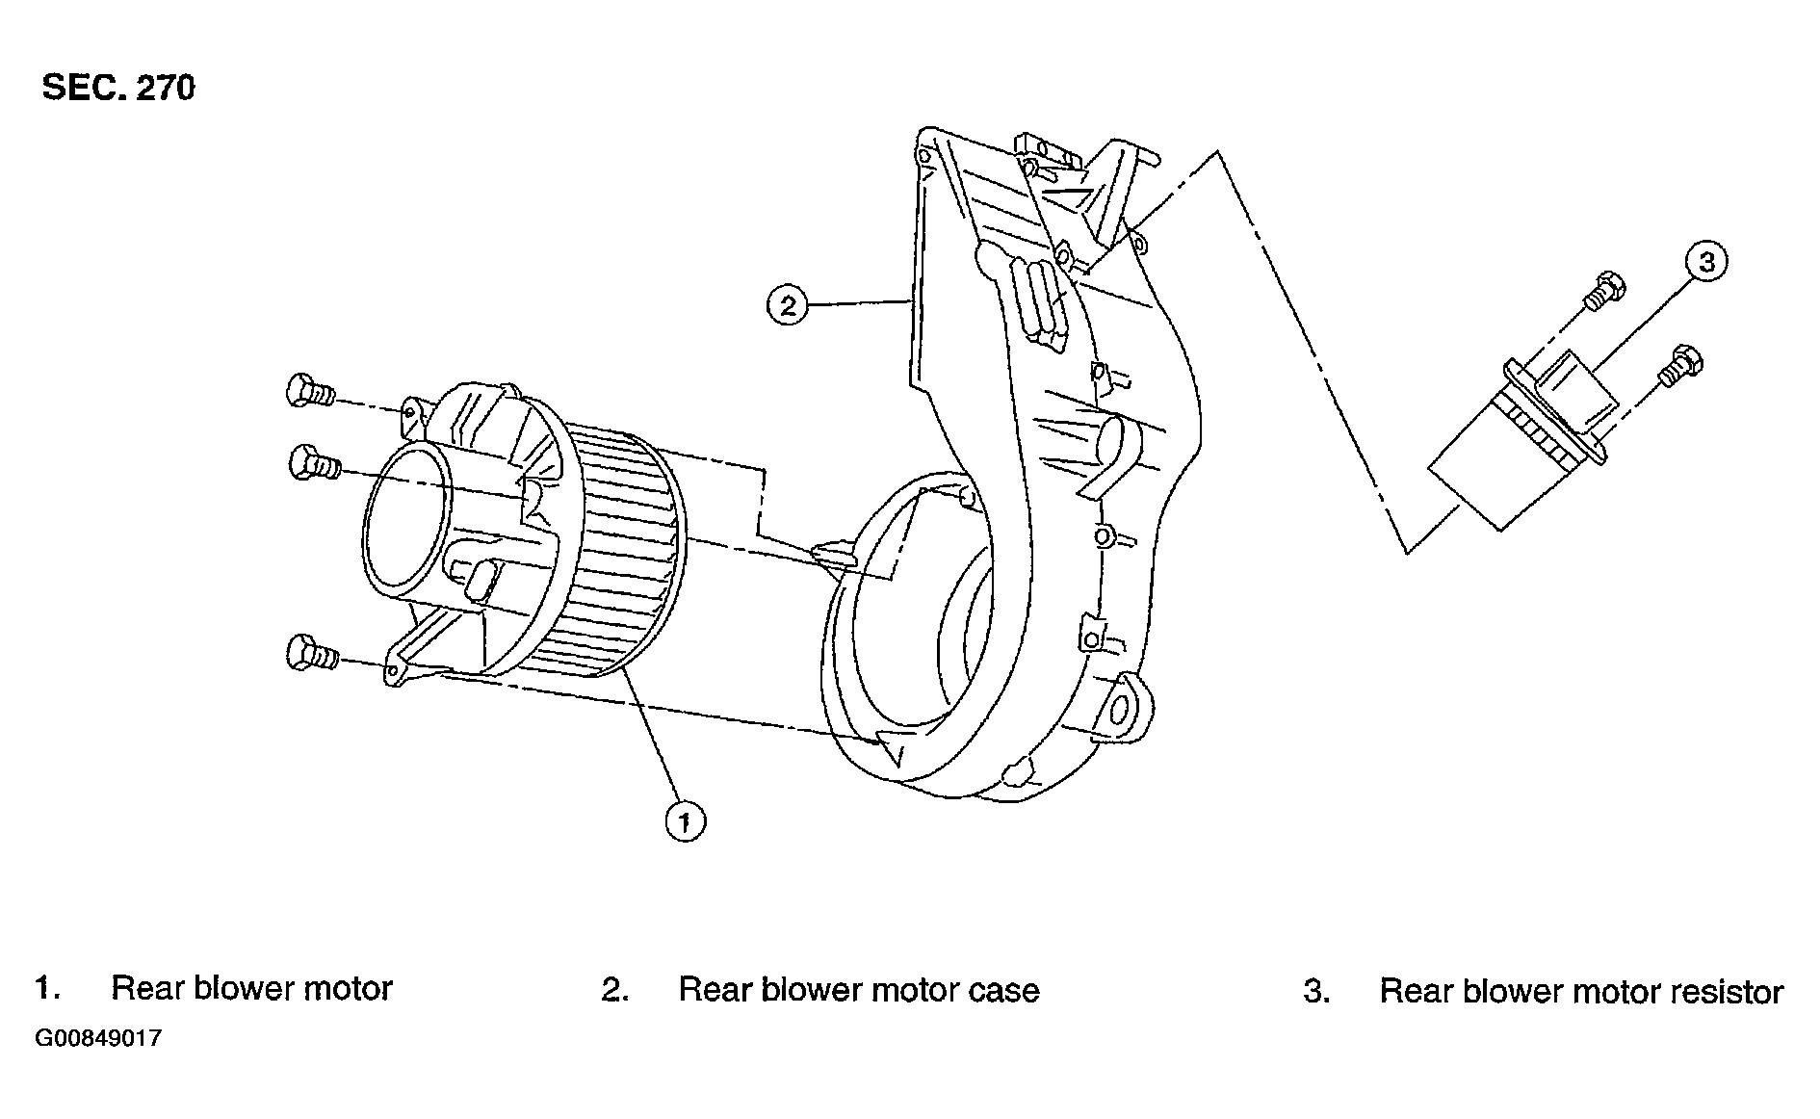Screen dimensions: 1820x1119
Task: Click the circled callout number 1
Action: point(685,821)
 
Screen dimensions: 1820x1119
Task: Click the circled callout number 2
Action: point(788,305)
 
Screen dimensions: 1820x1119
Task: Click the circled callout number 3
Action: point(1706,262)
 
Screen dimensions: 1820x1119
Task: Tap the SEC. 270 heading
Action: point(118,88)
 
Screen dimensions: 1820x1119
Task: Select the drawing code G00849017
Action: point(98,1039)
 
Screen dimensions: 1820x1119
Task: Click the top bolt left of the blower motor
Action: point(309,391)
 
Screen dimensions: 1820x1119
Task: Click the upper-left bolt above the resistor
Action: point(1602,290)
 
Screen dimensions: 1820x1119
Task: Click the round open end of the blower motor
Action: point(407,519)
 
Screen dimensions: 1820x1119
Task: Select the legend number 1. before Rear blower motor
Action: point(48,989)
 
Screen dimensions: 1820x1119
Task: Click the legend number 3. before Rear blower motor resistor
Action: point(1316,991)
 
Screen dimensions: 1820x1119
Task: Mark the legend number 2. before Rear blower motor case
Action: point(615,991)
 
